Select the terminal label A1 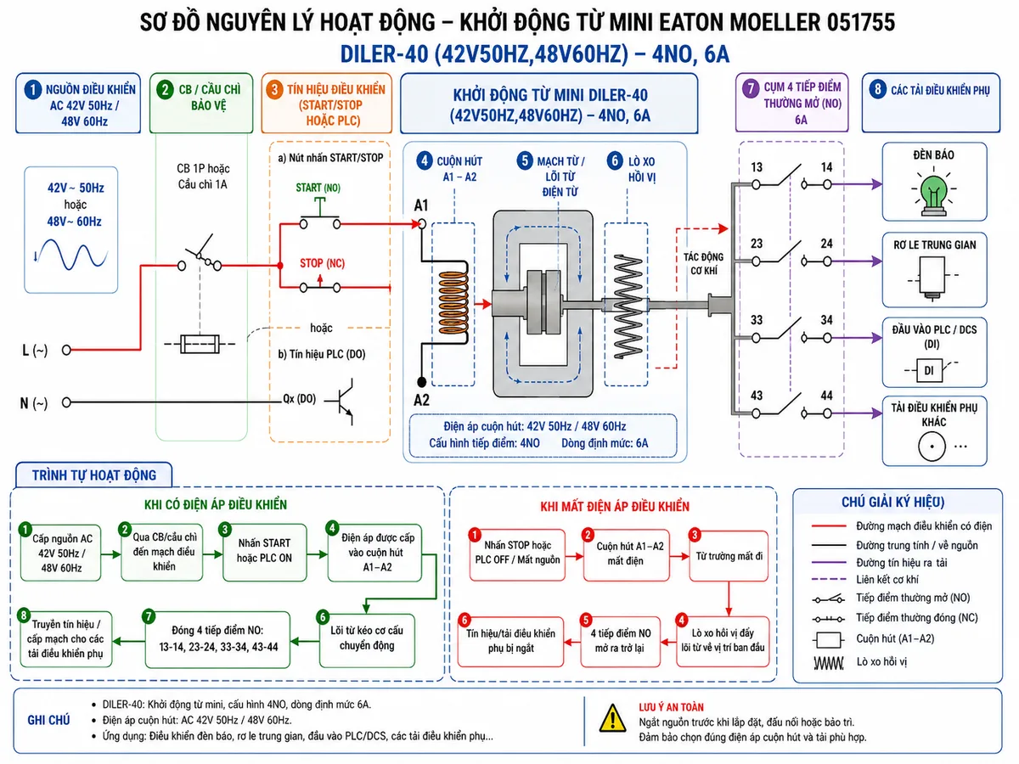(x=421, y=205)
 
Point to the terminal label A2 (x=421, y=400)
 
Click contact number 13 (x=757, y=167)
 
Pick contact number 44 (x=827, y=396)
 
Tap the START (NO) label (x=318, y=188)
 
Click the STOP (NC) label (x=322, y=263)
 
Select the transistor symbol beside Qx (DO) (x=342, y=402)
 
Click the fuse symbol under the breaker (x=200, y=344)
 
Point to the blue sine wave (x=73, y=254)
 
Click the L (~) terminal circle (x=66, y=351)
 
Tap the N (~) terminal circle (x=66, y=402)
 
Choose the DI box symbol (x=929, y=370)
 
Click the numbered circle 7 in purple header (x=751, y=88)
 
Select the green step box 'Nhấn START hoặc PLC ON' (x=265, y=552)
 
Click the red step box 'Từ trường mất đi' (x=729, y=556)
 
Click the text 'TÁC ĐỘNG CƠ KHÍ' (x=703, y=263)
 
